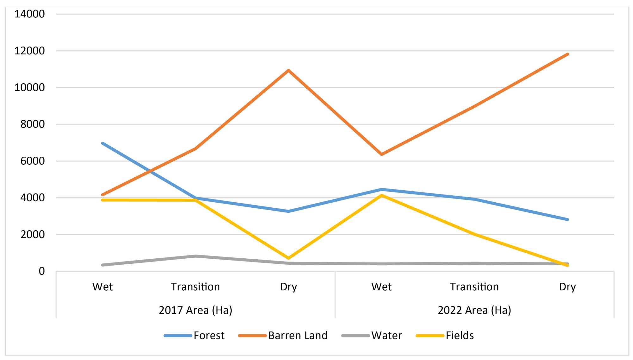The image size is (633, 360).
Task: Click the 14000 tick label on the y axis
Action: (29, 14)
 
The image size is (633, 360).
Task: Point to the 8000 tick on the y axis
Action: (33, 124)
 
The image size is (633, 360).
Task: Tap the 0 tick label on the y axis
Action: (41, 271)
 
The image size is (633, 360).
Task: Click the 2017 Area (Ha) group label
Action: (195, 310)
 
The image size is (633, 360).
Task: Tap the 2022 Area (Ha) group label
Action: (474, 310)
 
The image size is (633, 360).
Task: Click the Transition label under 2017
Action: (195, 287)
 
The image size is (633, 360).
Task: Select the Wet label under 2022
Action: (381, 287)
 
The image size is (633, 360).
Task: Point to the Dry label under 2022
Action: (567, 287)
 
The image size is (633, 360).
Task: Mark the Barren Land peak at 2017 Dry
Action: (288, 70)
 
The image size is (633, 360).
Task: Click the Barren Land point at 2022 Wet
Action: (381, 155)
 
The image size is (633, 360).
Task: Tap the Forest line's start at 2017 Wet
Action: (103, 143)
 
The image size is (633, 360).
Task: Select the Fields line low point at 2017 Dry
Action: (288, 258)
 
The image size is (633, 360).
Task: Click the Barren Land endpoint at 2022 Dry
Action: (567, 54)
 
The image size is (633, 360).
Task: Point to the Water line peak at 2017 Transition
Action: (196, 256)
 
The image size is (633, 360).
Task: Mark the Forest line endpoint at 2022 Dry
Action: (567, 219)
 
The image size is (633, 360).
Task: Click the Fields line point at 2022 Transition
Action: (474, 234)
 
